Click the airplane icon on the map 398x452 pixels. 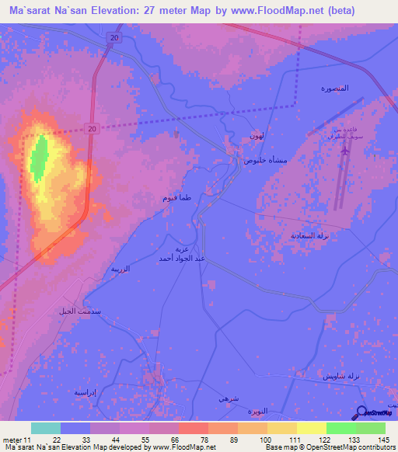[x=344, y=148]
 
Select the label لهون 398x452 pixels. [x=257, y=136]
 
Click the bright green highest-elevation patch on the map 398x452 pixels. [x=37, y=155]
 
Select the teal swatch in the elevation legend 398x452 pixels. [x=46, y=428]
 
